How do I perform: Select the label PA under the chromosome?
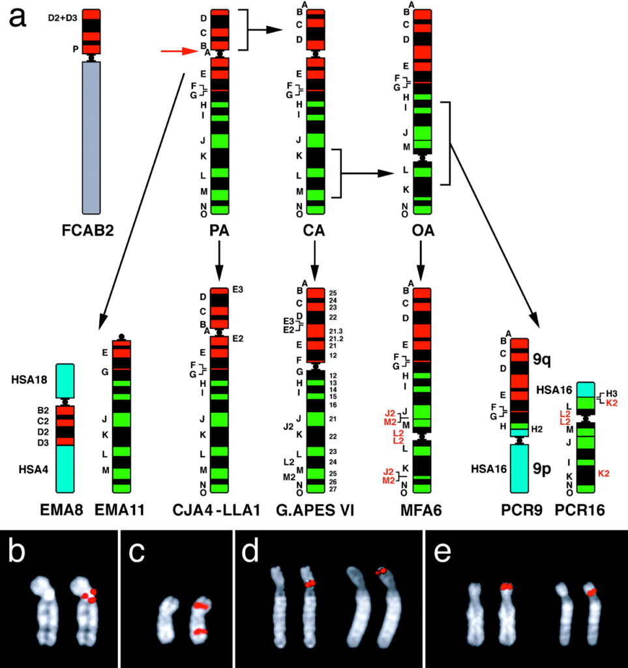[x=220, y=232]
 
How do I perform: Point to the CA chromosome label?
[x=316, y=232]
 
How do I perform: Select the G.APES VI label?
[x=316, y=508]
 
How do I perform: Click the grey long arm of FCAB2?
[x=91, y=137]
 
